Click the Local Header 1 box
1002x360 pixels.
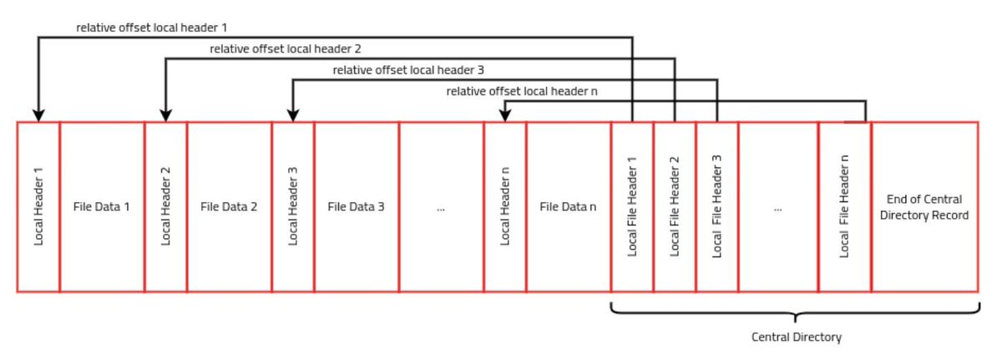coord(38,206)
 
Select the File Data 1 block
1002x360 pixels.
coord(102,206)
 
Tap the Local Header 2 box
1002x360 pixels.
coord(165,206)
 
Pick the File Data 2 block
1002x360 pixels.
coord(229,206)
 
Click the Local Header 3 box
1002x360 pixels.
coord(292,206)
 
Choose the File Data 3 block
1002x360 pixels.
coord(356,206)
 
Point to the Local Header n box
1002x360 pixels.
coord(504,206)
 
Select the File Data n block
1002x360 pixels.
coord(568,206)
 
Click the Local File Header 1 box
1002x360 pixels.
coord(632,206)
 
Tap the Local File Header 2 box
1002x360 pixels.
coord(675,206)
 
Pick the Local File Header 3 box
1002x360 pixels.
coord(716,206)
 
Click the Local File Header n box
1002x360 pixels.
coord(844,206)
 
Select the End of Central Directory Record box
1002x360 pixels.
coord(924,206)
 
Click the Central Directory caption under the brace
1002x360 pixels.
coord(797,337)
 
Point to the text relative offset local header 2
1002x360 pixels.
coord(286,49)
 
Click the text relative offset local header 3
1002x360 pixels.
coord(408,70)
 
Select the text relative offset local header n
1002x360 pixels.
coord(522,91)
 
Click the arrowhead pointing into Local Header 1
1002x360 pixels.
coord(38,115)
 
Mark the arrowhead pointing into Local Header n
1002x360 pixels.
coord(504,116)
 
